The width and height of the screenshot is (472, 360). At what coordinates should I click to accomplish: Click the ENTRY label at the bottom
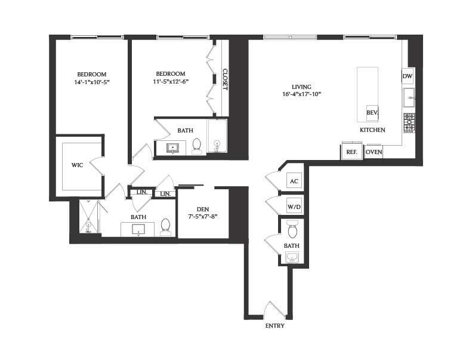[x=274, y=326]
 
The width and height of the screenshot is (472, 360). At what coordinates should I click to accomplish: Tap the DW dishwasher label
[x=408, y=76]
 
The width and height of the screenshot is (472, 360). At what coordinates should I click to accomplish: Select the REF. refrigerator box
[x=352, y=152]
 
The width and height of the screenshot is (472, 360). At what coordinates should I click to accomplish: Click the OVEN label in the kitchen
[x=374, y=152]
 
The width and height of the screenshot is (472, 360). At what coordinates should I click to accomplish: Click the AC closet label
[x=293, y=181]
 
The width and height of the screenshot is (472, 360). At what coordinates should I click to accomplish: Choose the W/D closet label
[x=294, y=207]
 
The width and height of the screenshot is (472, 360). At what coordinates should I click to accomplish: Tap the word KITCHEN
[x=372, y=130]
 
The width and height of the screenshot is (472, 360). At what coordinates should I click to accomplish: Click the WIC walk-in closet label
[x=77, y=164]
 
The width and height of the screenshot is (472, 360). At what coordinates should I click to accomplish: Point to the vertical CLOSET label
[x=225, y=79]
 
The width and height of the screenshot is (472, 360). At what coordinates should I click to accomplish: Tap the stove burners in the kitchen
[x=409, y=123]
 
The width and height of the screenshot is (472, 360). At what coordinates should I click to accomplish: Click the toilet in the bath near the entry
[x=292, y=229]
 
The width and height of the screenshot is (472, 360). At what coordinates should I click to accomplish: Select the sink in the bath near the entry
[x=292, y=257]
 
